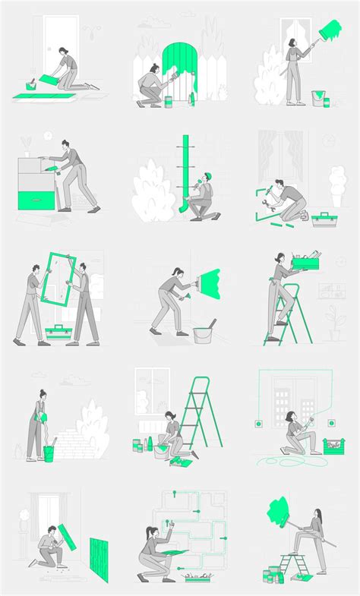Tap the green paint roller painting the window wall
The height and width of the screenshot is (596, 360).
330,32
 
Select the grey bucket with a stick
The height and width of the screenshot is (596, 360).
202,333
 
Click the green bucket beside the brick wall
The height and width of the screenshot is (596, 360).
49,453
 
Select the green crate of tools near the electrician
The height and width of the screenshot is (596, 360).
333,446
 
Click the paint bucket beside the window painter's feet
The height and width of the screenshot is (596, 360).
318,98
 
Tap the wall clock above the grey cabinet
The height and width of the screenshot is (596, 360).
47,135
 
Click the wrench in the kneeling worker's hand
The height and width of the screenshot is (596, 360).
267,204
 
